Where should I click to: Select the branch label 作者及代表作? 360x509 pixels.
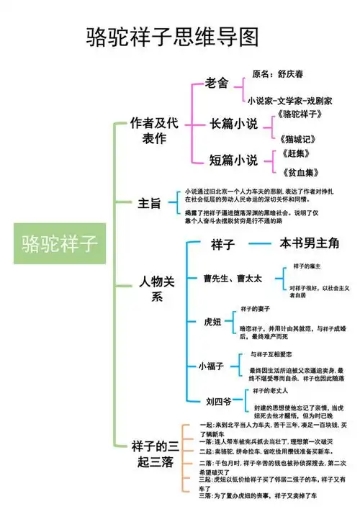click(x=153, y=131)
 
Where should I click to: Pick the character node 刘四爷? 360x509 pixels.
click(x=217, y=400)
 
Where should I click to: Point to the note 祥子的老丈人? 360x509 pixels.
click(x=271, y=391)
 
